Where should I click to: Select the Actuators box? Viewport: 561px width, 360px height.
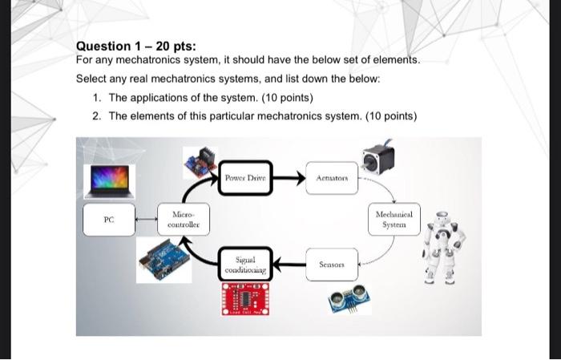331,176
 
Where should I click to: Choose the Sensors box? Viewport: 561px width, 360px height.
331,264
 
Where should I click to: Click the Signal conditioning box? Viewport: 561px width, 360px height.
245,265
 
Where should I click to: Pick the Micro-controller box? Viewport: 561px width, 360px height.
184,219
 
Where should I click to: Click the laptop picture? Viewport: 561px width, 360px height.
113,180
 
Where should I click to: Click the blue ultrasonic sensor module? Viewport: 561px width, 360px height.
344,299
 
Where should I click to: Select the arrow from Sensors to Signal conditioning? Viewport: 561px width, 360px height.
289,264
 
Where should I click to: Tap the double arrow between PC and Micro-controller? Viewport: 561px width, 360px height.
147,219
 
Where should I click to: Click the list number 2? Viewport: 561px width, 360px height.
96,116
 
